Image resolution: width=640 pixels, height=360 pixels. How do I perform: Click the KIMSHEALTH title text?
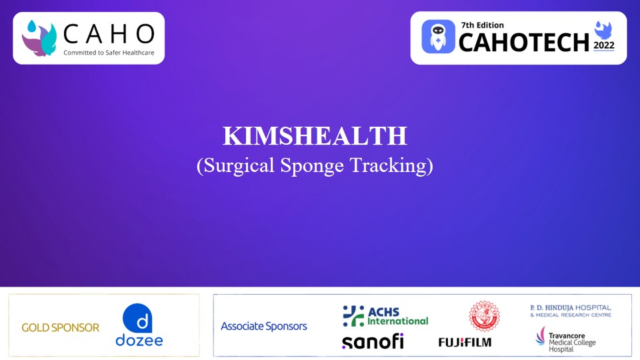click(x=315, y=136)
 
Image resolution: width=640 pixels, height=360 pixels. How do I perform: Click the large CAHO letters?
click(x=109, y=33)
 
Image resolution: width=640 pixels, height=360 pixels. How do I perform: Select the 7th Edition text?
click(x=482, y=25)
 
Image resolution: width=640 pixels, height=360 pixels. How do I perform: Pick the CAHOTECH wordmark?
click(x=524, y=42)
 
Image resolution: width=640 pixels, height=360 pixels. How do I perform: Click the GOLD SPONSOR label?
click(x=60, y=327)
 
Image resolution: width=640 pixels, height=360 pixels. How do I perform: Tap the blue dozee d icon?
click(x=139, y=319)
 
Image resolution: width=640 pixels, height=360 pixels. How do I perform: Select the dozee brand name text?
click(x=139, y=341)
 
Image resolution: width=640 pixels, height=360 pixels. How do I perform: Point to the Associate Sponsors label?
click(x=264, y=326)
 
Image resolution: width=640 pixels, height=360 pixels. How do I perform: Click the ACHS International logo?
click(x=385, y=315)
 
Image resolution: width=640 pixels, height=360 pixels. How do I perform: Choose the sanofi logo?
click(x=373, y=341)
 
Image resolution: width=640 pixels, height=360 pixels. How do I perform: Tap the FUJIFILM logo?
click(x=465, y=342)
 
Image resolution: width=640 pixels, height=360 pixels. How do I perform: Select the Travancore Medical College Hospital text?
click(x=566, y=339)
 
